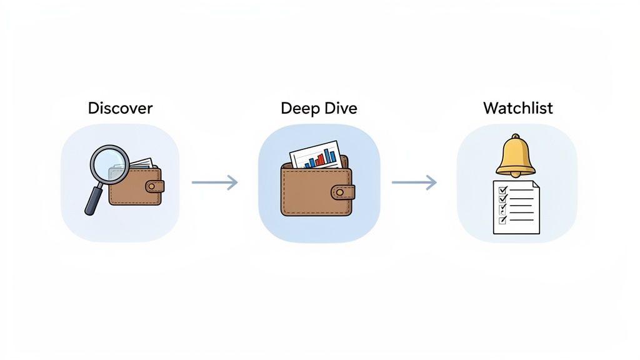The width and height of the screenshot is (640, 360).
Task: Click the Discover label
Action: (x=120, y=108)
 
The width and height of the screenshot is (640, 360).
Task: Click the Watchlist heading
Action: (x=517, y=108)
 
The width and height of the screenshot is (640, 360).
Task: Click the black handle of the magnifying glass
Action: (x=94, y=200)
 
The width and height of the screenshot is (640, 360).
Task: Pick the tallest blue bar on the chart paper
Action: (x=330, y=154)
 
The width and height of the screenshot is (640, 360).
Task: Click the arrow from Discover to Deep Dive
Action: (x=214, y=182)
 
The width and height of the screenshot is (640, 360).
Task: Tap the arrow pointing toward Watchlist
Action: (x=414, y=182)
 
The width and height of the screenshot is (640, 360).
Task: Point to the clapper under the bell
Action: (x=516, y=176)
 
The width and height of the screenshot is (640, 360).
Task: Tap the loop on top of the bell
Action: (x=516, y=137)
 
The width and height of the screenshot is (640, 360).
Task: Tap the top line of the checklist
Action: (x=522, y=188)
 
